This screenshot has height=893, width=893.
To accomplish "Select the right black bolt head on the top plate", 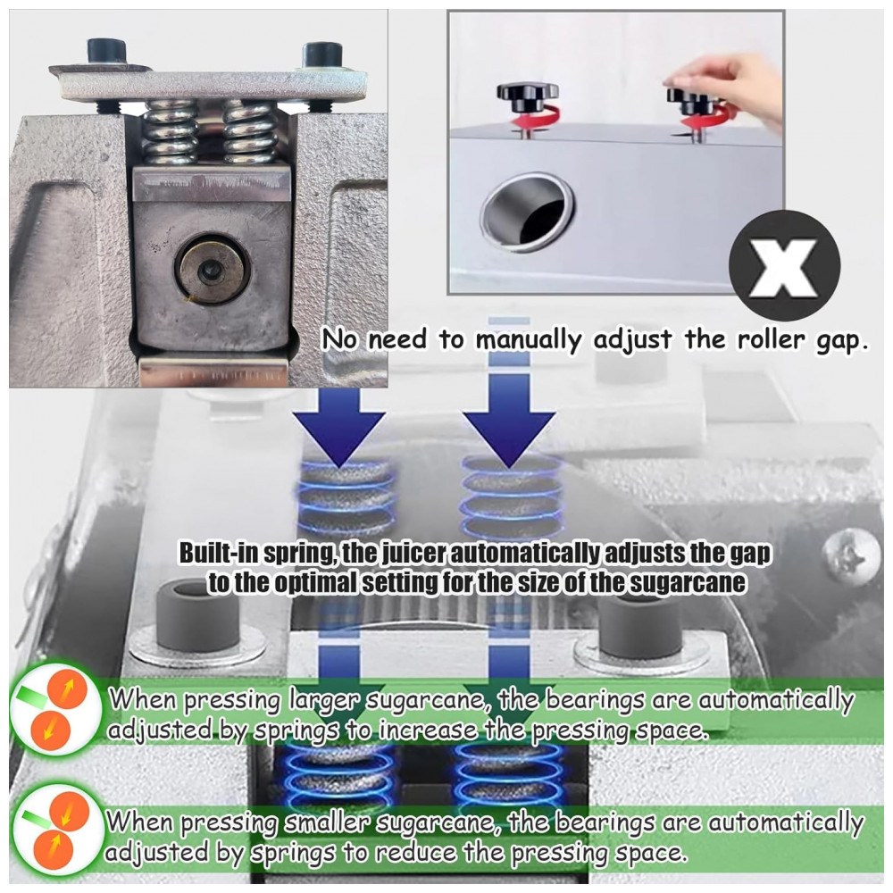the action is [x=323, y=55].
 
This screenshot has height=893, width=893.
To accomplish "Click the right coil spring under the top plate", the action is [x=251, y=132].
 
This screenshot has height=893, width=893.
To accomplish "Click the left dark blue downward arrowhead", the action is [x=338, y=438].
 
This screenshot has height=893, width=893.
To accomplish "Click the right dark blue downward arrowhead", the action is [x=508, y=438].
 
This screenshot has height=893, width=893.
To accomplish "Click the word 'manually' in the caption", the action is [x=529, y=340].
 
